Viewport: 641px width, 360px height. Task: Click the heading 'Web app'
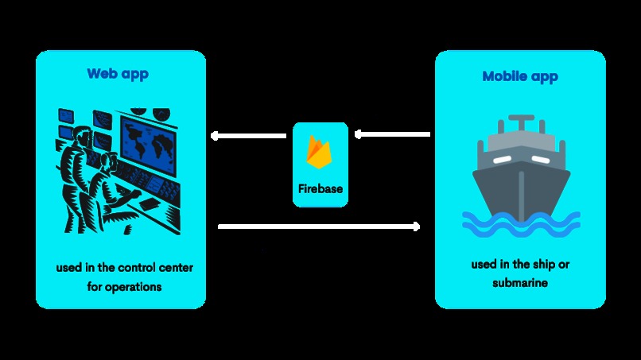pyautogui.click(x=118, y=74)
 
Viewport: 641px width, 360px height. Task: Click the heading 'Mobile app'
pyautogui.click(x=520, y=76)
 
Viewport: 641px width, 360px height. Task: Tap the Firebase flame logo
pyautogui.click(x=320, y=152)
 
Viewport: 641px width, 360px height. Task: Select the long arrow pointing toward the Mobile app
pyautogui.click(x=318, y=226)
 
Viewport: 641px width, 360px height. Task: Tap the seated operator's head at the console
pyautogui.click(x=108, y=161)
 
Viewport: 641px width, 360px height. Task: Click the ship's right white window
pyautogui.click(x=542, y=160)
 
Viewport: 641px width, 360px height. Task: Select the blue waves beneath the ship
pyautogui.click(x=520, y=223)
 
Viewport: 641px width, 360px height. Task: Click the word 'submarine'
pyautogui.click(x=520, y=282)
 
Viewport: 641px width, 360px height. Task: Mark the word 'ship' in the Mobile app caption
pyautogui.click(x=541, y=264)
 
